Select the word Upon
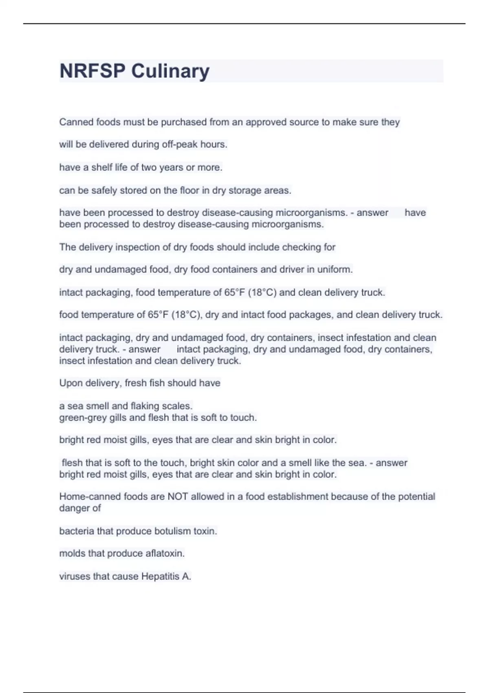pos(71,383)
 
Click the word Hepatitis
pos(160,576)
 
